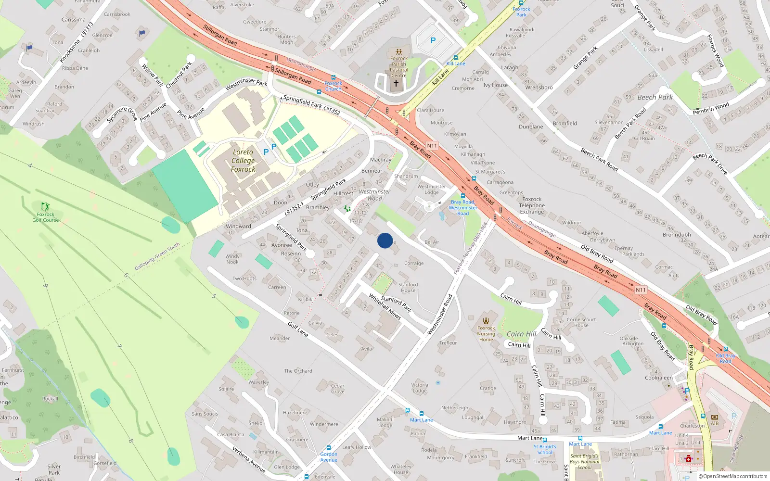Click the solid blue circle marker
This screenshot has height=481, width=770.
[385, 240]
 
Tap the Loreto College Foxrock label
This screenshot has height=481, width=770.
[243, 161]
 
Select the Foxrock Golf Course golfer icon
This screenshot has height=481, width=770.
[45, 206]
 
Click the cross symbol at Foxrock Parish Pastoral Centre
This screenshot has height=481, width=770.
[396, 83]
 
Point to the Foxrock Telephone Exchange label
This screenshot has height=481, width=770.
[532, 205]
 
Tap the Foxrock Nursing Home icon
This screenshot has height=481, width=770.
[486, 321]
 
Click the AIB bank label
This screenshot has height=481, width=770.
[715, 423]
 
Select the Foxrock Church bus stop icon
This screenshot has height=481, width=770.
[333, 77]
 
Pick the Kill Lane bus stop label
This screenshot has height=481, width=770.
[456, 63]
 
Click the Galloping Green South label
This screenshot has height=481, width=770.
[157, 256]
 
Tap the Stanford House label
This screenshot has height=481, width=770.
[408, 287]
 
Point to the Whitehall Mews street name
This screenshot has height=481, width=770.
[385, 306]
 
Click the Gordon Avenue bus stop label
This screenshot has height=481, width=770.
[329, 457]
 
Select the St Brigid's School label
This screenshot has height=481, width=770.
[545, 449]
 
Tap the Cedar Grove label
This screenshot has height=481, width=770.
[337, 388]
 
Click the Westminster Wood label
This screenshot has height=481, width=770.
[374, 195]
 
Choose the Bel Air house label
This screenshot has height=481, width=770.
[432, 242]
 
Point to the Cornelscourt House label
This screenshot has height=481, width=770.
[581, 322]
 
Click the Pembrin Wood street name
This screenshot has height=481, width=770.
[711, 109]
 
